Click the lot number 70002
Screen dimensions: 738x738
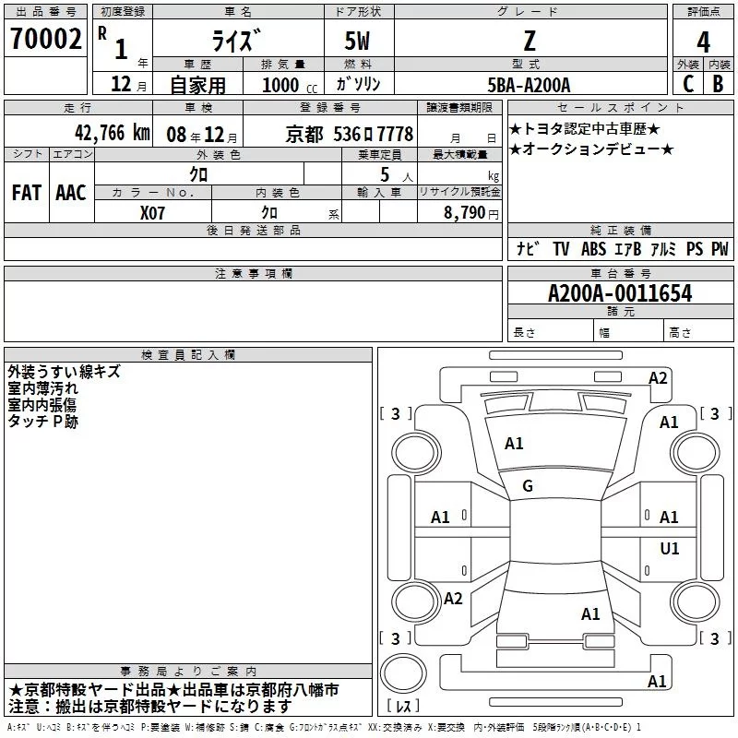(44, 41)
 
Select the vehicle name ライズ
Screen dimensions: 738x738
(235, 42)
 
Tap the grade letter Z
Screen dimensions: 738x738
(529, 41)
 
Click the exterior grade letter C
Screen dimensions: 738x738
(687, 82)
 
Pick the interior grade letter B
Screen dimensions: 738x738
(718, 82)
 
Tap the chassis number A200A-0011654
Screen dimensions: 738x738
(620, 293)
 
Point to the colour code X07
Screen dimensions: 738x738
(153, 211)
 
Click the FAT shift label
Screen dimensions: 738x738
(27, 193)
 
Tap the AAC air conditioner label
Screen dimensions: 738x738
(71, 193)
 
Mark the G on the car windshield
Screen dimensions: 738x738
(528, 486)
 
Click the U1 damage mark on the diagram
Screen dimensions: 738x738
(670, 549)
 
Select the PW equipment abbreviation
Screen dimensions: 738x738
(719, 249)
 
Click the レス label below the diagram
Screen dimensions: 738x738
(403, 706)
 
